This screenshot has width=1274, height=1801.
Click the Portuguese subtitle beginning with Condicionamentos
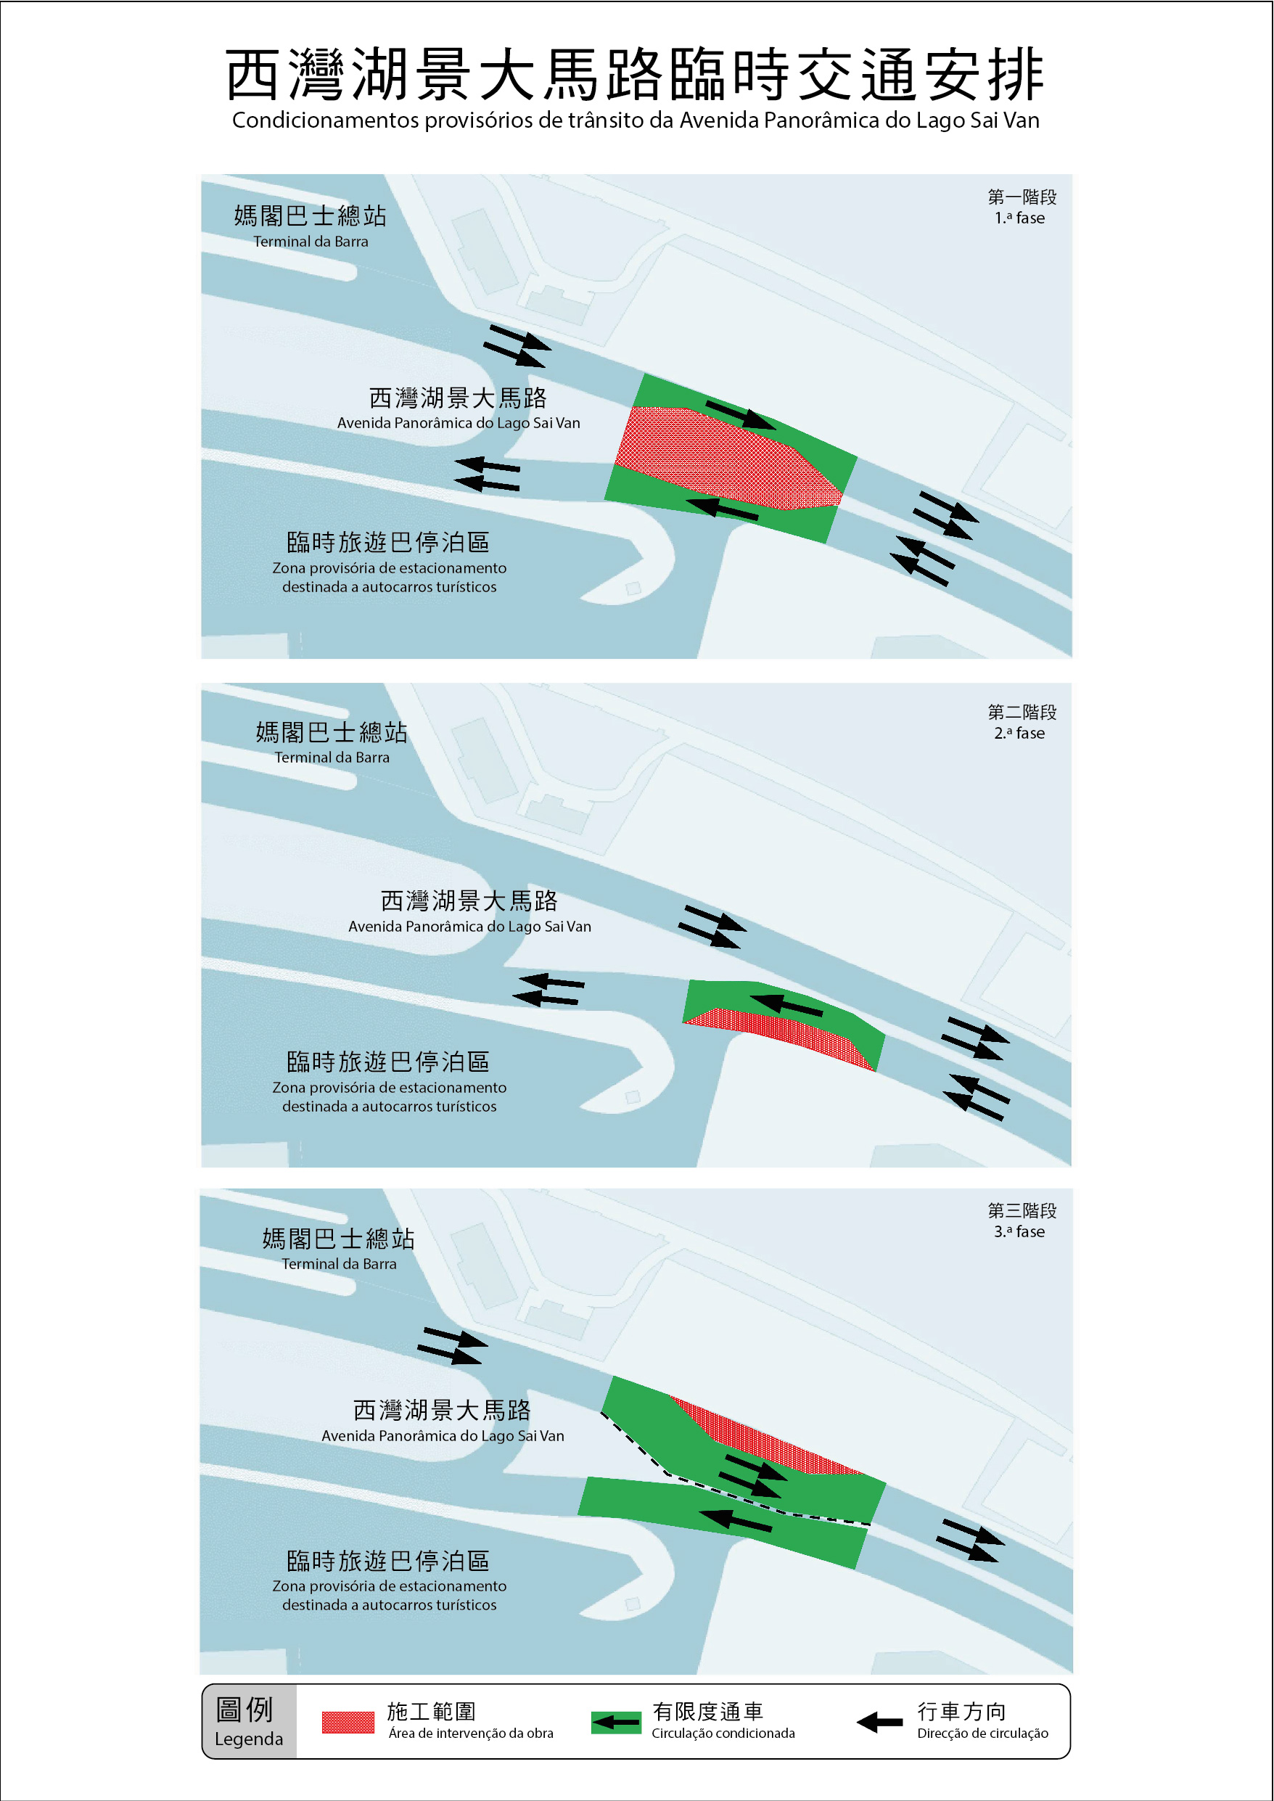[636, 120]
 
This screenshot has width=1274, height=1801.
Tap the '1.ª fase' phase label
[1019, 218]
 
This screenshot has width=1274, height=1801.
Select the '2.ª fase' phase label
[1019, 734]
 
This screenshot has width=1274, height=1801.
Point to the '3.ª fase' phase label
[1019, 1231]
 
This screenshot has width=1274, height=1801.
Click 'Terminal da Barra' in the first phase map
[311, 242]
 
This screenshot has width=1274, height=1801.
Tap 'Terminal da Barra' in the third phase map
[339, 1264]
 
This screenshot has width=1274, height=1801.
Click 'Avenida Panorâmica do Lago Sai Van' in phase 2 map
[470, 927]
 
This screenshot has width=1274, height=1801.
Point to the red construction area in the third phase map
[765, 1437]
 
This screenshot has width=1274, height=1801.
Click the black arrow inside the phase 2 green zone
[787, 1006]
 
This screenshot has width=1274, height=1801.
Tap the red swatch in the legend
[348, 1723]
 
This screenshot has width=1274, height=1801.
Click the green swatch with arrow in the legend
[616, 1723]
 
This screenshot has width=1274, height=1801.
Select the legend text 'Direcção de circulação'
[982, 1733]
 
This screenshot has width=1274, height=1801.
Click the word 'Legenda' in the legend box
[249, 1739]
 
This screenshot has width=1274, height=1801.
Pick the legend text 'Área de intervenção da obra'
[471, 1733]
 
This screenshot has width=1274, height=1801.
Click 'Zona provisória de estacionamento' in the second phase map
[389, 1087]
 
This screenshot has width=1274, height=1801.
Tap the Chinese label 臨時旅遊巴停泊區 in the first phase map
[388, 542]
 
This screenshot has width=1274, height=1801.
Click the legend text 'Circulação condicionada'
[723, 1733]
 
